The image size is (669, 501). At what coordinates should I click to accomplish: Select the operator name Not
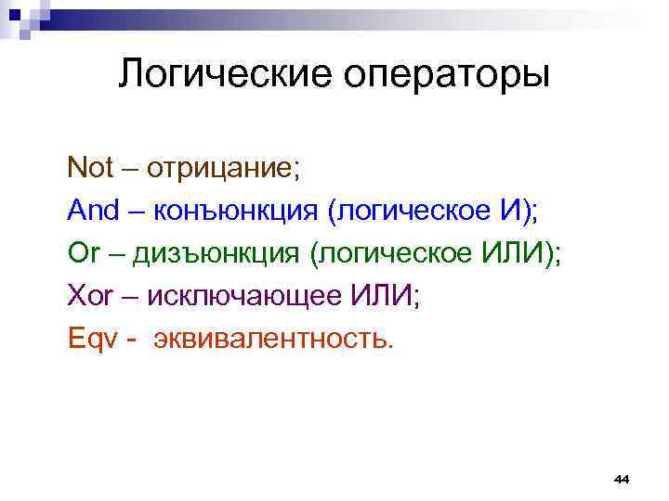coord(90,168)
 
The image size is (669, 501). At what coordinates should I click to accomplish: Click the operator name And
coord(94,211)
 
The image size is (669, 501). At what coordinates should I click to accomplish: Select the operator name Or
coord(82,253)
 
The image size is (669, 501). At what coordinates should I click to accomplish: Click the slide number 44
coord(622,479)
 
